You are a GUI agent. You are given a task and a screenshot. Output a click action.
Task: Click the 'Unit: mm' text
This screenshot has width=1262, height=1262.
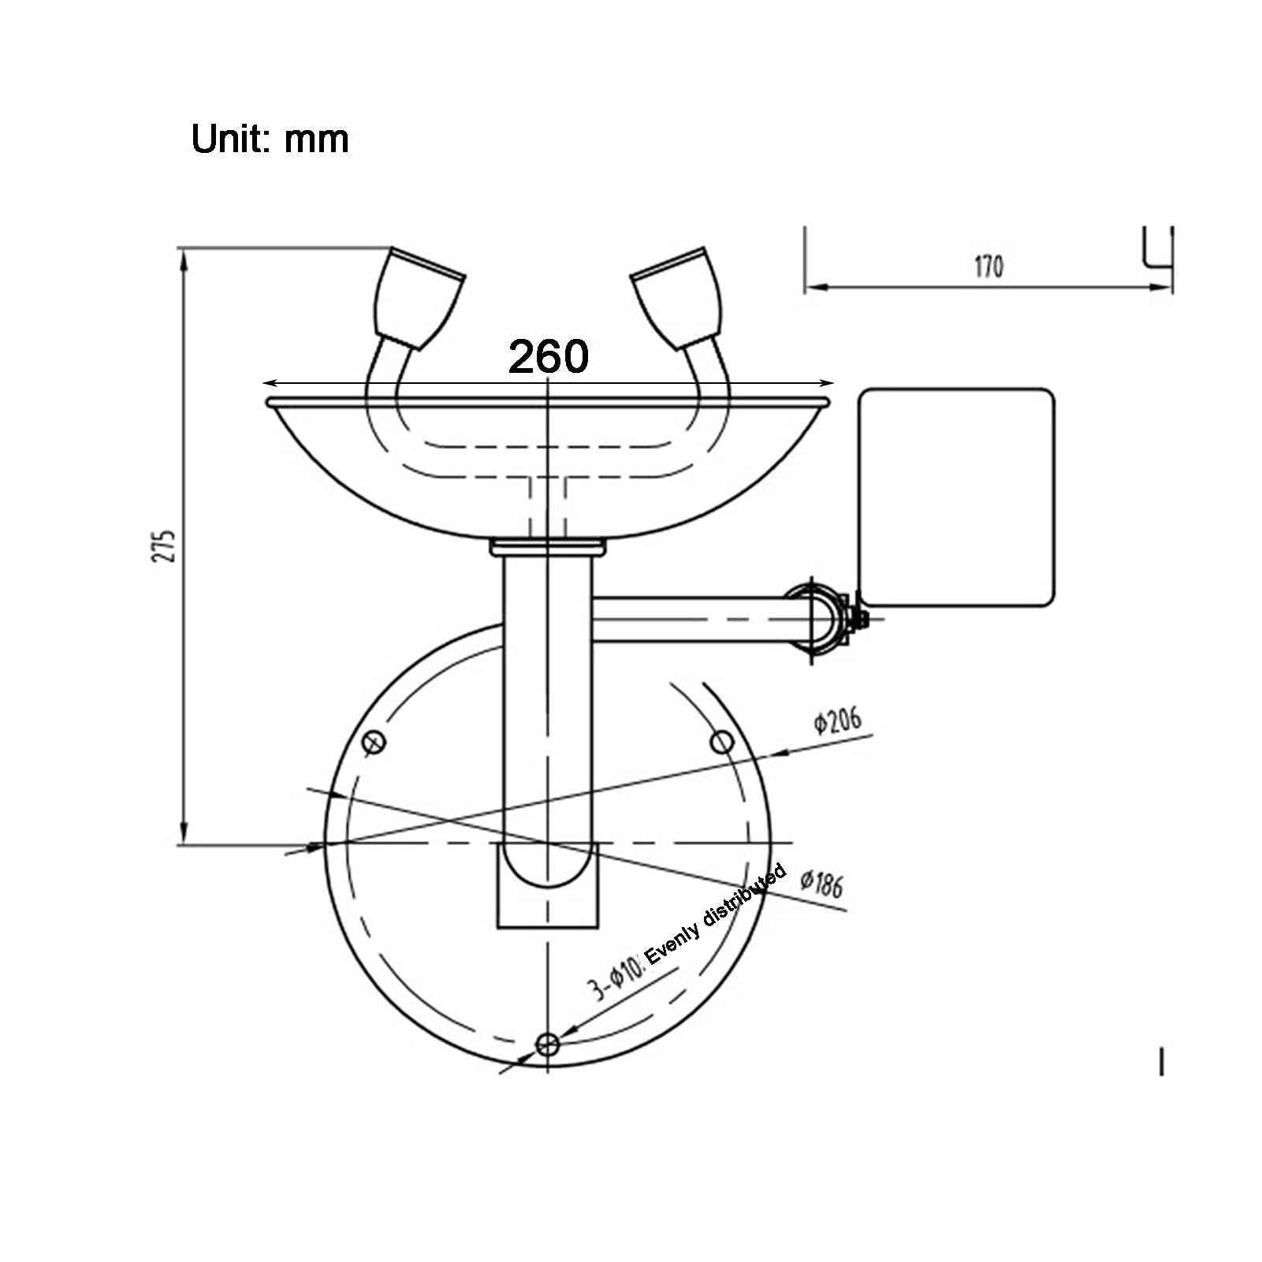pos(270,140)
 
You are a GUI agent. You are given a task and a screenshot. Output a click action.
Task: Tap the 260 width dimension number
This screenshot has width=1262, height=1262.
pos(548,356)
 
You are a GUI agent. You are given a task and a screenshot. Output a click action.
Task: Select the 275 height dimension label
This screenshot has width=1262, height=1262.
pos(164,545)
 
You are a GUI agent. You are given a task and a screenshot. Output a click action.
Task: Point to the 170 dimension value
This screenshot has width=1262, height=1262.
pos(988,266)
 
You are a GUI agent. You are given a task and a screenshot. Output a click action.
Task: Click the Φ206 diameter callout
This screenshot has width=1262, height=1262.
pos(838,720)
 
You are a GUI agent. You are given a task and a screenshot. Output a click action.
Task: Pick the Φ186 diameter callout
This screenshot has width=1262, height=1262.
pos(822,884)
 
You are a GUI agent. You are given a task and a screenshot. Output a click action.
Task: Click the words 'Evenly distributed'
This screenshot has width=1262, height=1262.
pos(716,914)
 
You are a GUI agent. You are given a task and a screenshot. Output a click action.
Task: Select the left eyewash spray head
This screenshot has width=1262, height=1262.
pos(418,298)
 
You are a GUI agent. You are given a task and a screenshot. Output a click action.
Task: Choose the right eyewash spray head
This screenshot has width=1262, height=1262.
pos(677,298)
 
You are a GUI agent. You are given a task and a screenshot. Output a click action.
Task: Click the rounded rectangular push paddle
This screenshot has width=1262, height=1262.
pos(955,497)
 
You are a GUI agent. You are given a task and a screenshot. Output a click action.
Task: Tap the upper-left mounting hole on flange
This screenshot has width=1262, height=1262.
pos(374,741)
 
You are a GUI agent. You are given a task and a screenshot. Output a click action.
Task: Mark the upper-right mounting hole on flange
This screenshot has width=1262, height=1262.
pos(722,741)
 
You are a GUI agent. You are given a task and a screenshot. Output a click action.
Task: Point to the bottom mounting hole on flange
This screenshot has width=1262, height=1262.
pos(547,1045)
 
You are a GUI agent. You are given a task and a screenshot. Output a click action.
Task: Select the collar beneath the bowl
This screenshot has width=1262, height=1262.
pos(547,546)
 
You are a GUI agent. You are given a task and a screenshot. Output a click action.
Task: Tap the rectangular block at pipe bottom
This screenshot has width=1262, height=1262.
pos(547,885)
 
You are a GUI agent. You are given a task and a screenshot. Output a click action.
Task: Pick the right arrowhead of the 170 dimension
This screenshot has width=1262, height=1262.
pos(1163,287)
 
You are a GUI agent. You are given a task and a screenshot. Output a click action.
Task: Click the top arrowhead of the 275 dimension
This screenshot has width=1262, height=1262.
pos(184,259)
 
